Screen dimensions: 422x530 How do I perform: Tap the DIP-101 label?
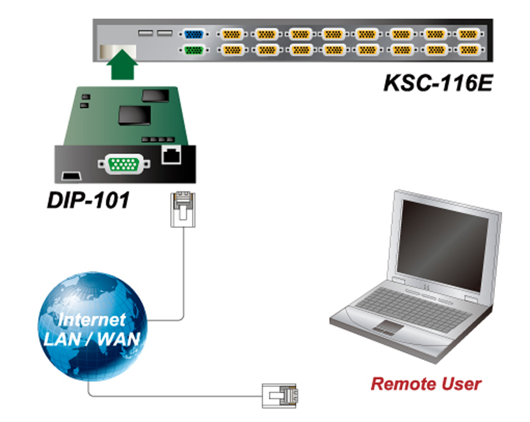pos(88,200)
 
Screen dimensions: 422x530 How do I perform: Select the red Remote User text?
pos(426,384)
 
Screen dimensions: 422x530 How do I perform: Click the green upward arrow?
pos(123,64)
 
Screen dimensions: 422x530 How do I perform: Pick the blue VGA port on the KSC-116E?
pos(194,34)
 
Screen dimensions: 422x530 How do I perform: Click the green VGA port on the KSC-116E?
pos(194,50)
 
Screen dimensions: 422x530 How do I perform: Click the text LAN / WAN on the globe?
pos(92,338)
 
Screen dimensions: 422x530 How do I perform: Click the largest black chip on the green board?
pos(134,114)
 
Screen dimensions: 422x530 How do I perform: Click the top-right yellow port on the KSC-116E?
pos(468,34)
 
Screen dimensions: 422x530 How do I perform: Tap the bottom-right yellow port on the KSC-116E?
pos(468,50)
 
